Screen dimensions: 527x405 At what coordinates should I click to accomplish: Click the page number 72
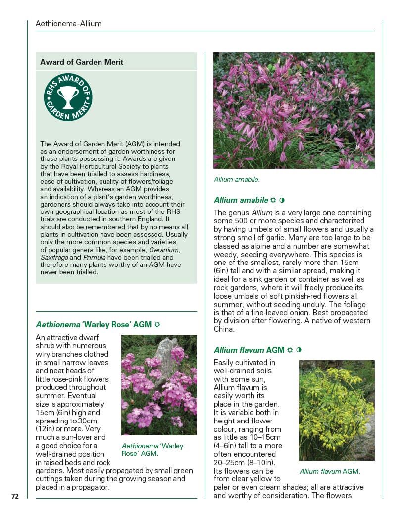click(x=15, y=496)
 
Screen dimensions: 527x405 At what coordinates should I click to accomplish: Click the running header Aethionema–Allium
click(x=68, y=24)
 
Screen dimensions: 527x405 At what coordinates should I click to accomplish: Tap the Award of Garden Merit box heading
click(x=82, y=62)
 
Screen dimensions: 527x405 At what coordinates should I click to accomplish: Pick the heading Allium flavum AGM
click(x=249, y=350)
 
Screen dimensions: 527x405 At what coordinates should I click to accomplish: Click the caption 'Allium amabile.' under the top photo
click(x=237, y=179)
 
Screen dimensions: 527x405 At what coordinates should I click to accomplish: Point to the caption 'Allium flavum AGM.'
click(x=330, y=471)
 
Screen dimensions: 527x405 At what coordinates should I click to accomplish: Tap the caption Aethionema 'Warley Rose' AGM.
click(x=152, y=450)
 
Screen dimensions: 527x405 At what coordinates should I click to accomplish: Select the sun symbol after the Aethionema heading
click(x=157, y=325)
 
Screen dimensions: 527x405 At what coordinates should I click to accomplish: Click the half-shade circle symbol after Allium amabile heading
click(x=282, y=200)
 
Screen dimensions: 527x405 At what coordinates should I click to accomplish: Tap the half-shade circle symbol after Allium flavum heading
click(x=299, y=350)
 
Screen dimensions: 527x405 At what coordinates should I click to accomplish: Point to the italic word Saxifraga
click(x=54, y=258)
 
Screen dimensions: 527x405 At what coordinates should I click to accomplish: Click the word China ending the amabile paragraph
click(x=224, y=329)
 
